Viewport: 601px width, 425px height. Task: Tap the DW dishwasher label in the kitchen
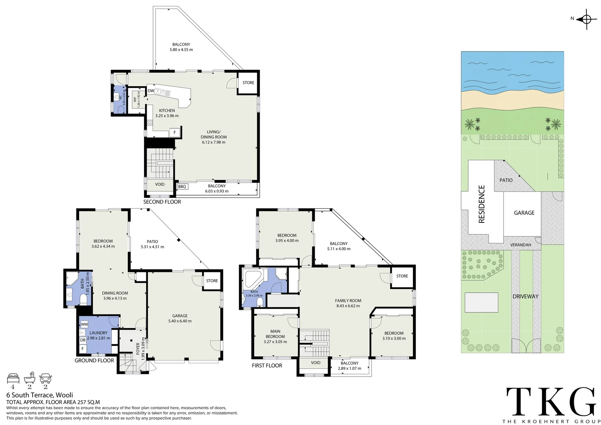click(x=151, y=91)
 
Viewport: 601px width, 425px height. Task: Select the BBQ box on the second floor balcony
click(x=182, y=187)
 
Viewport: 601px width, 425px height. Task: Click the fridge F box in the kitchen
click(x=175, y=133)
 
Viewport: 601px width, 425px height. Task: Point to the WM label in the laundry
click(x=84, y=324)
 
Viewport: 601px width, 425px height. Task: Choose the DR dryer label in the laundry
click(x=83, y=340)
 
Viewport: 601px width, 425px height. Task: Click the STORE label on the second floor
click(x=248, y=83)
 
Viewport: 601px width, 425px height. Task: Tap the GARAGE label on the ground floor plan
click(x=180, y=316)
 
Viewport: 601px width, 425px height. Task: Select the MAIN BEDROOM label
click(x=275, y=334)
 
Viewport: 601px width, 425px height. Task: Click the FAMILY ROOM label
click(x=348, y=301)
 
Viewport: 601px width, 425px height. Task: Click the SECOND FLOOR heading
click(x=162, y=202)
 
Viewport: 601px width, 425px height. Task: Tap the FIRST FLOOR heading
click(x=267, y=366)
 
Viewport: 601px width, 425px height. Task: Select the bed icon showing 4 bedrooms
click(x=13, y=379)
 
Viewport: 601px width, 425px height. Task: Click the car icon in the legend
click(x=46, y=379)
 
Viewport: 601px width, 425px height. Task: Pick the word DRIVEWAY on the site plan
click(x=525, y=296)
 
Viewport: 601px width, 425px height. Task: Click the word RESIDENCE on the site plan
click(x=481, y=204)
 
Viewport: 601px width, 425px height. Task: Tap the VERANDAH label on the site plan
click(x=520, y=245)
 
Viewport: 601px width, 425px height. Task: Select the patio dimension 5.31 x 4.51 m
click(x=152, y=247)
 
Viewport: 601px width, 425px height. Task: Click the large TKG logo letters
click(x=551, y=401)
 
